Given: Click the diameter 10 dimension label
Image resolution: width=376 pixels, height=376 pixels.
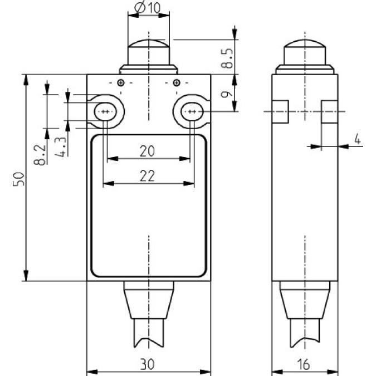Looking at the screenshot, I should pyautogui.click(x=147, y=8).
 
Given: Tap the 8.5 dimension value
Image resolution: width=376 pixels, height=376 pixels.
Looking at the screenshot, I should pyautogui.click(x=227, y=57).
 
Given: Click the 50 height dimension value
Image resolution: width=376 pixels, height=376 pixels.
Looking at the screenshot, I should pyautogui.click(x=18, y=178).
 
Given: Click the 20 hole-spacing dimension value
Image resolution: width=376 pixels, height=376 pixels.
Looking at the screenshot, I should pyautogui.click(x=148, y=150).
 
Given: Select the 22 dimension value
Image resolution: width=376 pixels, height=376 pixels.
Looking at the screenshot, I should pyautogui.click(x=148, y=175).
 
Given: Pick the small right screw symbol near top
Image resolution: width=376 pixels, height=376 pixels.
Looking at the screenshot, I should pyautogui.click(x=177, y=84).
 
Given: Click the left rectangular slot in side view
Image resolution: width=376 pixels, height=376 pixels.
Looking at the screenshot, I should pyautogui.click(x=280, y=111).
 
